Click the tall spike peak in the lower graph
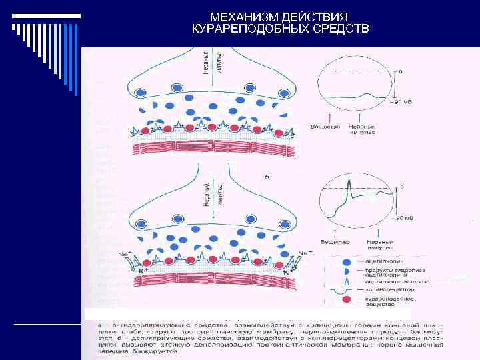348,179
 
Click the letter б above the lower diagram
267,176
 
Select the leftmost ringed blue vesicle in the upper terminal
142,89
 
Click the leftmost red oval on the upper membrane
143,127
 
